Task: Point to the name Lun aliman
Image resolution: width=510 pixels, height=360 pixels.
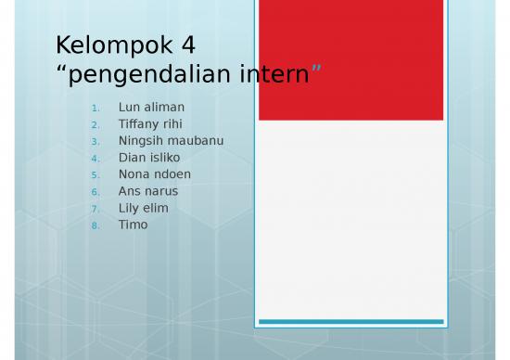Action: [x=151, y=108]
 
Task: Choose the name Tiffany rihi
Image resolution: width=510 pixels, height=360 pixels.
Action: [x=150, y=124]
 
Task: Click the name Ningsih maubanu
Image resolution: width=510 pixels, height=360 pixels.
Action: [x=171, y=141]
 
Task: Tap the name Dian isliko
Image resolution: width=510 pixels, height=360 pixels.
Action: [x=149, y=158]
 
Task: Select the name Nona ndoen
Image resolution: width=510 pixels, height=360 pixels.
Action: [x=153, y=174]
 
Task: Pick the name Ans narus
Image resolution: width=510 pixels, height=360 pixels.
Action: [x=148, y=191]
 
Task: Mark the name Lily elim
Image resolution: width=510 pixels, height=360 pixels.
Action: [x=143, y=208]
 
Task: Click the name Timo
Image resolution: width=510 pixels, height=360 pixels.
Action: [x=133, y=225]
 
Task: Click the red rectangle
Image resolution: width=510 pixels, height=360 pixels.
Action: [x=351, y=60]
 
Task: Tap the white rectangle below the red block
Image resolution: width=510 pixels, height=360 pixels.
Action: [x=351, y=218]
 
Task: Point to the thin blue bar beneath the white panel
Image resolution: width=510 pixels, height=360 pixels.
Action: [x=351, y=322]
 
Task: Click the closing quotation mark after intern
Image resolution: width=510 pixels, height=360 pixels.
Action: [x=315, y=69]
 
